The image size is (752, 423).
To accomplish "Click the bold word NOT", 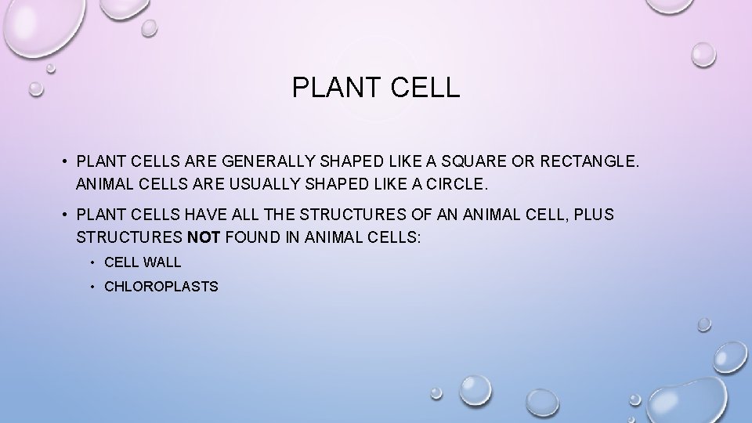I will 206,238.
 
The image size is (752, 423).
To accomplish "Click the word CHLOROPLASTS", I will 161,287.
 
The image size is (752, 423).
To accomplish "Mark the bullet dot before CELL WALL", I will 92,262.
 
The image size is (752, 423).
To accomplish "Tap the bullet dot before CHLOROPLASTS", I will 92,287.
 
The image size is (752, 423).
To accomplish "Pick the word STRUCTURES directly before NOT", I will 130,238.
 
